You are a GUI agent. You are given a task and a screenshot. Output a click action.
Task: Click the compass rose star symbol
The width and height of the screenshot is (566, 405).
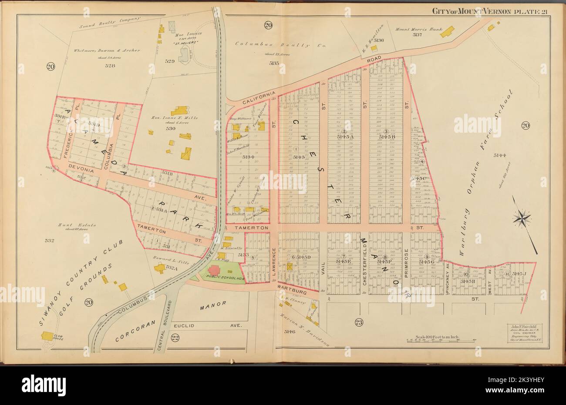pos(522,218)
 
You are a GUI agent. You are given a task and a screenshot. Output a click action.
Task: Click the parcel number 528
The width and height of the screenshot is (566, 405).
pos(110,66)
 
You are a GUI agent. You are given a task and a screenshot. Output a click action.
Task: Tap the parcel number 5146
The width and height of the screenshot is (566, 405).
pos(290,331)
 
